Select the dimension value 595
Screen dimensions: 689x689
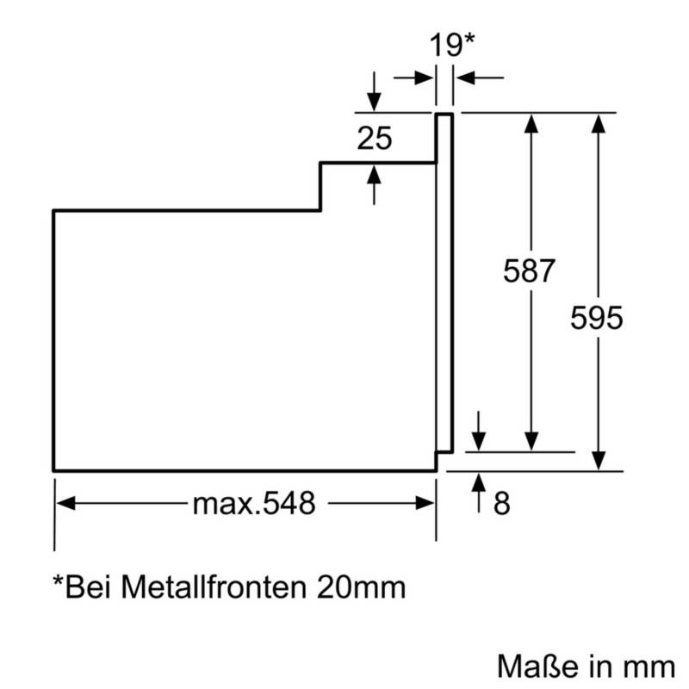(x=596, y=318)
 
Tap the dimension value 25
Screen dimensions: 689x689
(x=375, y=138)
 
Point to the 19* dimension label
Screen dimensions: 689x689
(x=452, y=45)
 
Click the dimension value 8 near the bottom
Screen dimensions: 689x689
(x=502, y=504)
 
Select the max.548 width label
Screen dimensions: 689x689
(x=252, y=504)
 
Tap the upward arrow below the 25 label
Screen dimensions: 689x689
(x=373, y=172)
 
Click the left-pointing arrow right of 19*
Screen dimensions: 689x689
(x=465, y=78)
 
